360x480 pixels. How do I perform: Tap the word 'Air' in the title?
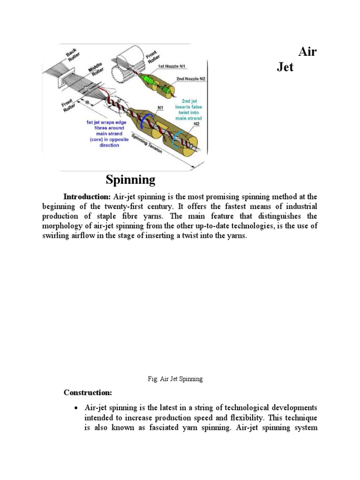[x=307, y=52]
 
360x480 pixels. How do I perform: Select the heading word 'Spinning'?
[x=130, y=179]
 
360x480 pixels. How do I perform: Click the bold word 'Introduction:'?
[x=87, y=196]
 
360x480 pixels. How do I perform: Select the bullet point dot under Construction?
[x=76, y=407]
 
